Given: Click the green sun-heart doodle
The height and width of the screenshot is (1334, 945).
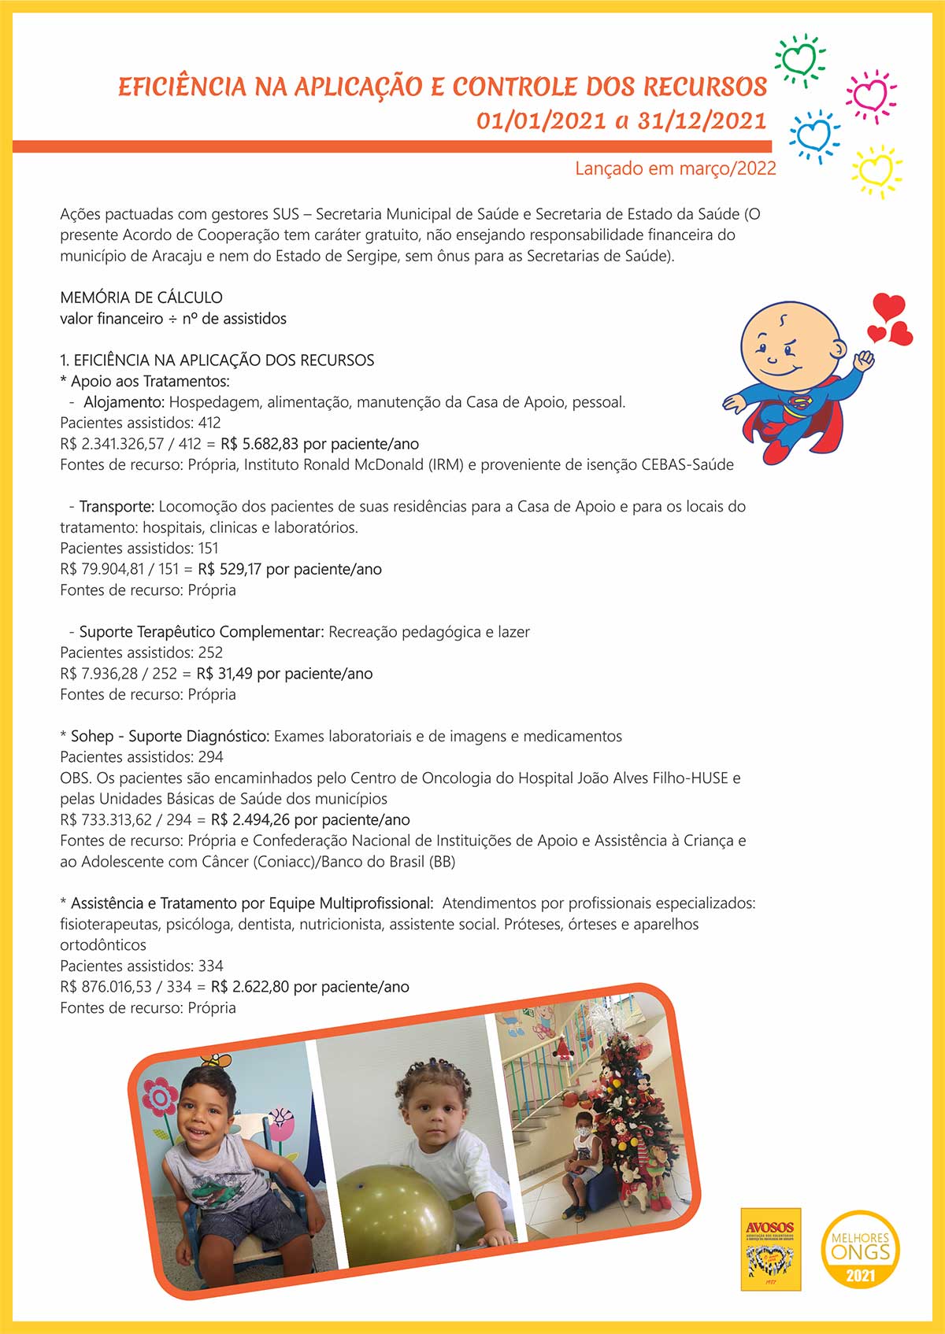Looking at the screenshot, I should coord(799,59).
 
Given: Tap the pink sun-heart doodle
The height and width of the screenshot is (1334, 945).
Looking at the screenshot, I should coord(870,95).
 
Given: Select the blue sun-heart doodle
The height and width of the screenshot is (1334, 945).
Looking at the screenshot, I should coord(813,135).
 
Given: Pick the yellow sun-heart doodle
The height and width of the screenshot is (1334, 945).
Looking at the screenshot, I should coord(876,170).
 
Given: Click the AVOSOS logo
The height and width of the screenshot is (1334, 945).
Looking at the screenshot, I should coord(770,1248).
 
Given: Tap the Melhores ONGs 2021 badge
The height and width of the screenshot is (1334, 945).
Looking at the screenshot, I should coord(860,1249).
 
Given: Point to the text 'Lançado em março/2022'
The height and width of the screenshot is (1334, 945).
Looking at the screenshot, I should coord(675,168).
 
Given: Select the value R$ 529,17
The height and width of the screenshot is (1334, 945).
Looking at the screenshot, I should coord(229,569).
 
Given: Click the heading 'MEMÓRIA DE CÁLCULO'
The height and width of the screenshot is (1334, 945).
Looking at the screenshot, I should coord(141,297).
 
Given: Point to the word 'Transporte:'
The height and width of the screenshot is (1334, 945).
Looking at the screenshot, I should coord(117,506).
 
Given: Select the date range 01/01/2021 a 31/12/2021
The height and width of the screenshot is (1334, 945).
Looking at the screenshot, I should coord(621,120).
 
